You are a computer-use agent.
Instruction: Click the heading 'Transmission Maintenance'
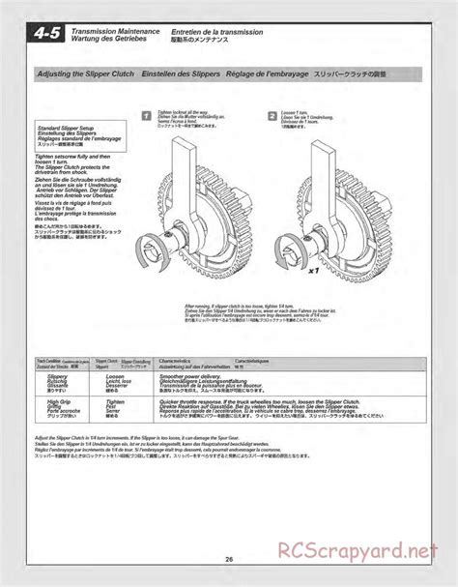click(x=110, y=31)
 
